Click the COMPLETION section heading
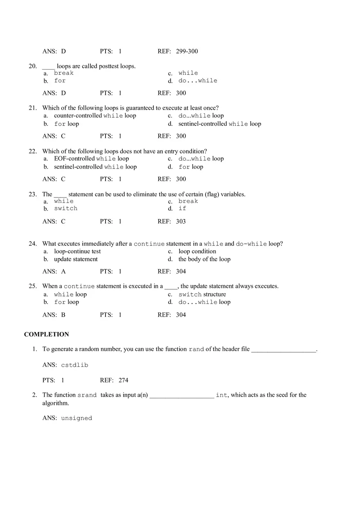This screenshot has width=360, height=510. click(x=47, y=335)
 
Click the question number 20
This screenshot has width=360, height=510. click(x=33, y=66)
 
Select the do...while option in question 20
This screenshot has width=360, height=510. click(x=198, y=81)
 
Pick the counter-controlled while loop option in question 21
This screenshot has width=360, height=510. click(x=95, y=116)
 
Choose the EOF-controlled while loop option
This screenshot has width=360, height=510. click(x=91, y=159)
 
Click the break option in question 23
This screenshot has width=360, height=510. click(x=188, y=201)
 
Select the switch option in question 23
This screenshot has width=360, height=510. click(x=65, y=209)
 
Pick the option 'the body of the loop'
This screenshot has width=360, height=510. click(x=204, y=259)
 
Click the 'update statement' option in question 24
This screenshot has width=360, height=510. click(x=76, y=259)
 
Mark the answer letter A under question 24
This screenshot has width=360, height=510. click(x=63, y=272)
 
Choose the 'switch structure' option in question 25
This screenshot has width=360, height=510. click(x=202, y=294)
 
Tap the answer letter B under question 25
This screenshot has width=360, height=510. click(x=63, y=315)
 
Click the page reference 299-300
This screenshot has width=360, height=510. click(x=187, y=52)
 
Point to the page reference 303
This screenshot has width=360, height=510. click(x=181, y=222)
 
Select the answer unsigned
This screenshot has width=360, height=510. click(x=76, y=418)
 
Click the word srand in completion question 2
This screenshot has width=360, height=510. click(x=87, y=395)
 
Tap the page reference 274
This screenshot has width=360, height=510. click(x=124, y=380)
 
